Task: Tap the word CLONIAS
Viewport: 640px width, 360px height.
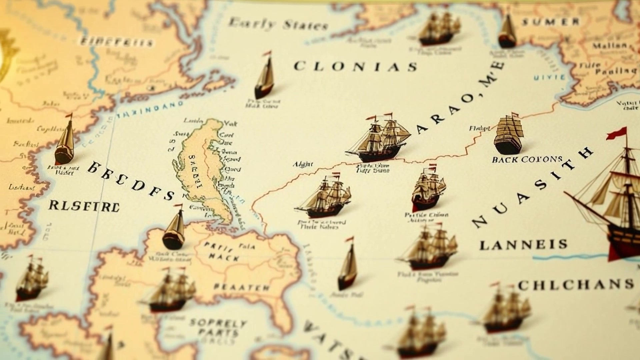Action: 355,66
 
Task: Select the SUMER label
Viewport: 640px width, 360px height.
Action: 550,22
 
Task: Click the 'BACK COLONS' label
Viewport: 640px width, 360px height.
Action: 527,159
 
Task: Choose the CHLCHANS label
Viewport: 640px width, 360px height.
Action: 575,285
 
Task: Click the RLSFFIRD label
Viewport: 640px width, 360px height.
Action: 84,206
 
